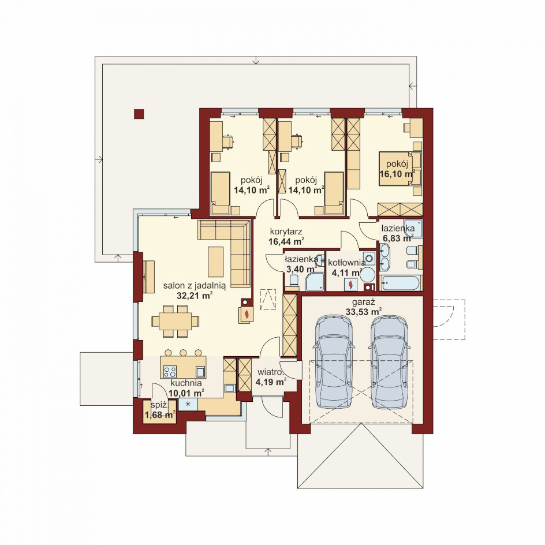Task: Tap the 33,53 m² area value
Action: click(364, 311)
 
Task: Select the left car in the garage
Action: click(334, 361)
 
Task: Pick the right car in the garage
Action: click(389, 361)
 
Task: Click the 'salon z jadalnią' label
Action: click(195, 286)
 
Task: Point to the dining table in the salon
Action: click(176, 321)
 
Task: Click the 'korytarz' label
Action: click(286, 231)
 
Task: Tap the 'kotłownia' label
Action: click(346, 263)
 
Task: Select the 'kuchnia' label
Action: click(186, 383)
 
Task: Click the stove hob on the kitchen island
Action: click(170, 372)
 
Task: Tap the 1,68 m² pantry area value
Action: click(160, 415)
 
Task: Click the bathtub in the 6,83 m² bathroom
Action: click(401, 283)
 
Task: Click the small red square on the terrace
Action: click(139, 114)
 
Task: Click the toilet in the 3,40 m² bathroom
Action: click(294, 282)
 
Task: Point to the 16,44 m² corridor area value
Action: click(286, 241)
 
